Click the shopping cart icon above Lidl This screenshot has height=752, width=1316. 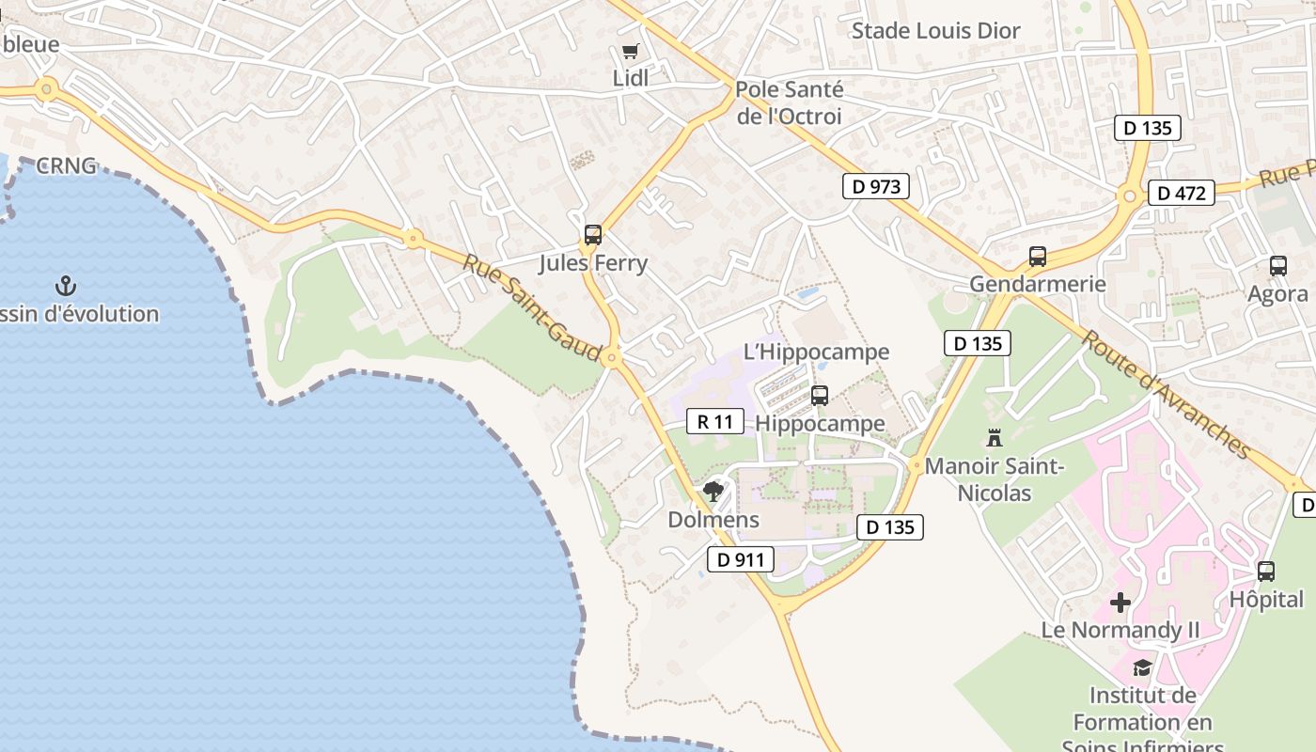[x=630, y=52]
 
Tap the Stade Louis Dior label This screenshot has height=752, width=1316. [x=935, y=31]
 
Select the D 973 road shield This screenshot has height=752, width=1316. [x=876, y=186]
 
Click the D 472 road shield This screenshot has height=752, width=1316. [x=1181, y=194]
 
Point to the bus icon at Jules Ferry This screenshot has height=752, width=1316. [x=592, y=235]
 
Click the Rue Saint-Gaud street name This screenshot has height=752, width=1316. [x=531, y=306]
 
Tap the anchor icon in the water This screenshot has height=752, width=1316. [x=66, y=286]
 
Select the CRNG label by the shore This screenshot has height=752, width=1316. [x=66, y=166]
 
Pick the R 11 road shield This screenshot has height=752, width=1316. [x=715, y=421]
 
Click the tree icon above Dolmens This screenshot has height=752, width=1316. [x=713, y=491]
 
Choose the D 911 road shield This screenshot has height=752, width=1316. [x=740, y=560]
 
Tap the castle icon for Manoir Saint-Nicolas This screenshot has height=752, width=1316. [x=995, y=437]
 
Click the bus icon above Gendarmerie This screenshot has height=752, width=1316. [x=1038, y=256]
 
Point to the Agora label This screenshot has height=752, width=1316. [x=1277, y=294]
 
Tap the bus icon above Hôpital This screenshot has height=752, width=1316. [x=1266, y=571]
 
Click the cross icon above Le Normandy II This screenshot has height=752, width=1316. [x=1120, y=602]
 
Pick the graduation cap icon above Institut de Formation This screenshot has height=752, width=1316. [x=1142, y=667]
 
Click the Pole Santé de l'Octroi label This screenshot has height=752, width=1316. [x=789, y=103]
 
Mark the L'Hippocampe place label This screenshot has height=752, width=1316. [x=816, y=352]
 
